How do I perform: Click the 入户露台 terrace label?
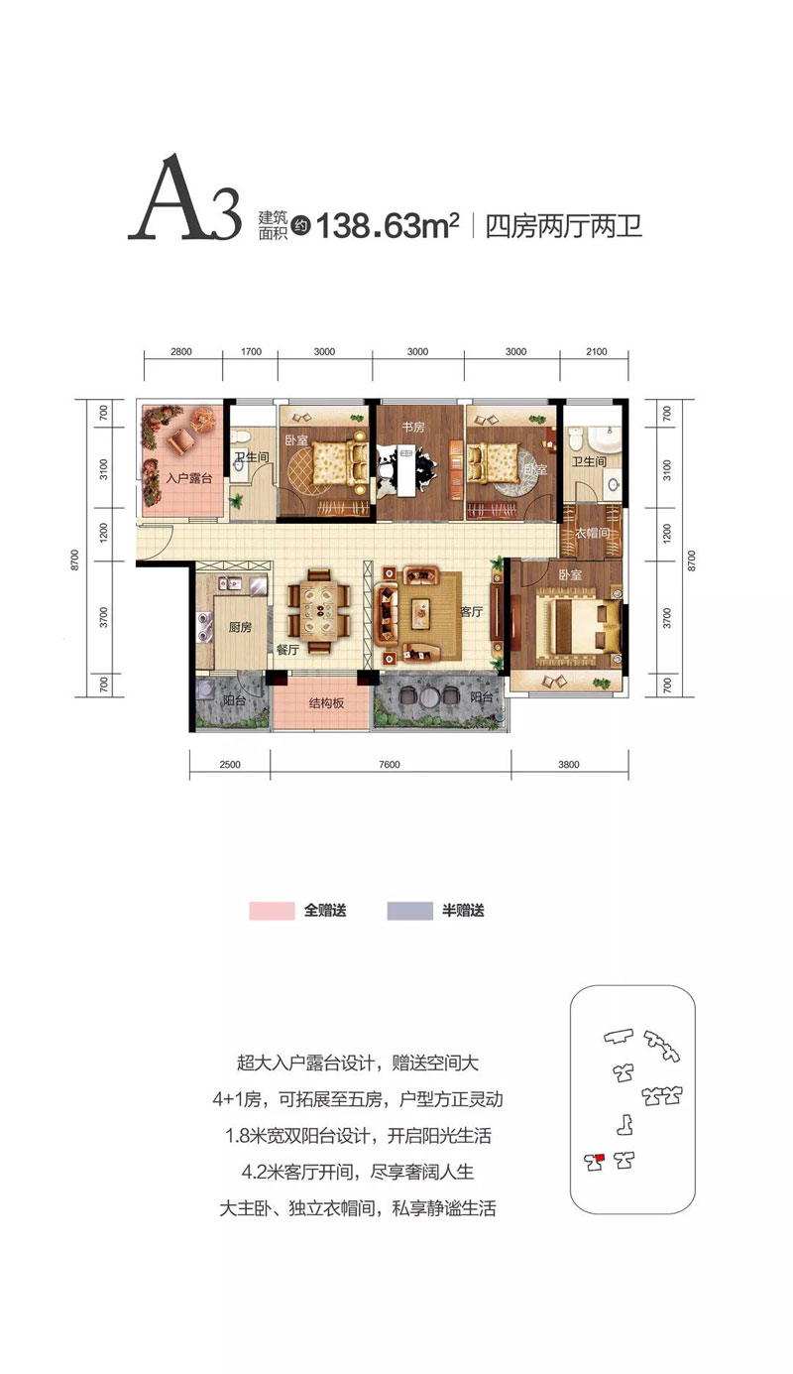[x=188, y=478]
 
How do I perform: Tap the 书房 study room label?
[x=413, y=427]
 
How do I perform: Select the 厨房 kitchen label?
[x=240, y=627]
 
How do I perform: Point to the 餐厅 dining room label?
[x=286, y=650]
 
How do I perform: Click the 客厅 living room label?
[x=471, y=611]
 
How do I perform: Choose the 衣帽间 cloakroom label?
[x=592, y=533]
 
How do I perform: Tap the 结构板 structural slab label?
[x=327, y=703]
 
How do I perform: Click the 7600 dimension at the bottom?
[x=390, y=764]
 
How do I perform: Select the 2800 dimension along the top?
[x=180, y=351]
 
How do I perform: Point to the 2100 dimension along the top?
[x=597, y=351]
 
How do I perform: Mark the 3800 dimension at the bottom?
[x=569, y=764]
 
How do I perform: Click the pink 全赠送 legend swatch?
[x=272, y=911]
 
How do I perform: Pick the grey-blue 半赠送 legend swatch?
[x=409, y=911]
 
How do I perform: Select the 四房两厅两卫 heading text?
[x=564, y=226]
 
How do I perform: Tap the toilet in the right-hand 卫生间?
[x=576, y=438]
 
